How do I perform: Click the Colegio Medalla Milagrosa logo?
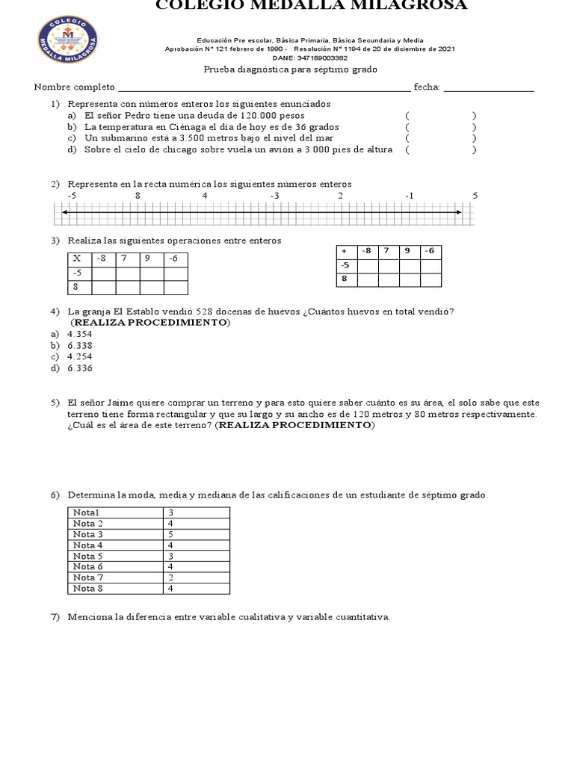(x=67, y=41)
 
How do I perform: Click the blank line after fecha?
(x=489, y=87)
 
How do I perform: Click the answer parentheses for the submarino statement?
(x=441, y=138)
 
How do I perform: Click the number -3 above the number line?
(x=274, y=195)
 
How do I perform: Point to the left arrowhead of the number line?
(x=66, y=213)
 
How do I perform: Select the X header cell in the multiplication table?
(x=77, y=258)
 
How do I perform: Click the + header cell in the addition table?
(x=345, y=251)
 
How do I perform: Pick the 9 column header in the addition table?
(x=407, y=251)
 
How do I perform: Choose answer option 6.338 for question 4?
(x=79, y=345)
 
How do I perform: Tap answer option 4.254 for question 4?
(x=79, y=356)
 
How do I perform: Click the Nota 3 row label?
(x=88, y=534)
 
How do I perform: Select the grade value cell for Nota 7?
(x=196, y=577)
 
